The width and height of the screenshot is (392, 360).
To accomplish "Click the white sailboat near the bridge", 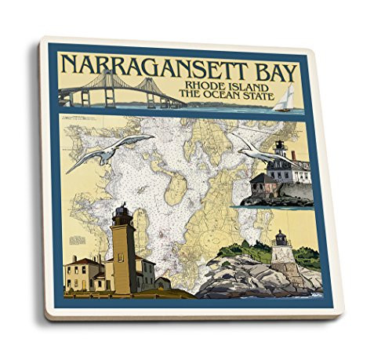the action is pos(289,98).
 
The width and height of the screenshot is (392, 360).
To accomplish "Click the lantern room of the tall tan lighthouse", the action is pos(122,214).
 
